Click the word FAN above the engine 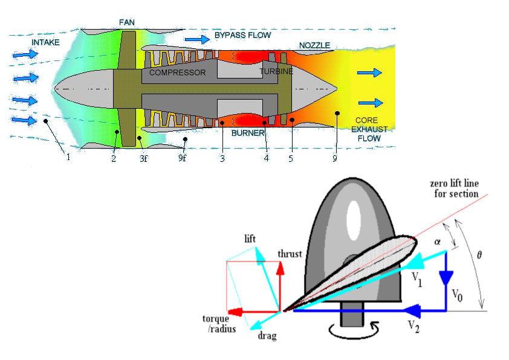pos(127,22)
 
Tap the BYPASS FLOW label pos(242,36)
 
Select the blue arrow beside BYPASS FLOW pos(197,39)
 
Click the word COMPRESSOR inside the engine pos(177,72)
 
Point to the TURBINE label pos(276,71)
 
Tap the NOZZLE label pos(314,46)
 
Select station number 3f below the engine pos(143,158)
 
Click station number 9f pos(183,158)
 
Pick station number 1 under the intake pos(68,158)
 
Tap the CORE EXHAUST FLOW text pos(368,129)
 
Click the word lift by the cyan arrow pos(250,239)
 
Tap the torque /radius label pos(219,324)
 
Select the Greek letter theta pos(479,256)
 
